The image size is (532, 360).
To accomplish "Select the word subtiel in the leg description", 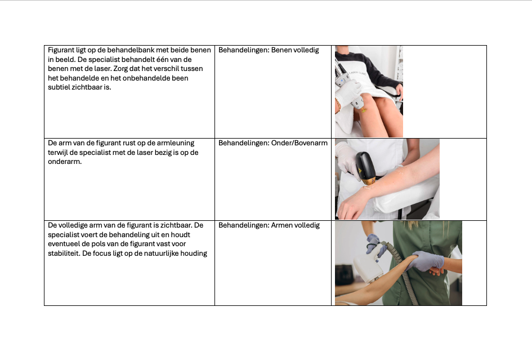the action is [x=59, y=87].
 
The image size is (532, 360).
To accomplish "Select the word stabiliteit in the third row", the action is [x=64, y=254].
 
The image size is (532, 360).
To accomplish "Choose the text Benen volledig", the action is [x=295, y=50].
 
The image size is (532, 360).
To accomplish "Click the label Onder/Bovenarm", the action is [x=299, y=143].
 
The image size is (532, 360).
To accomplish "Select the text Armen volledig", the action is [x=295, y=225].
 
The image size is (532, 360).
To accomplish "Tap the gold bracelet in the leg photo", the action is [x=338, y=105].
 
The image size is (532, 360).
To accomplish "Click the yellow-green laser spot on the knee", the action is [x=363, y=110].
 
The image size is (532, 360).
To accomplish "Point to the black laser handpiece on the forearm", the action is [x=364, y=167].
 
